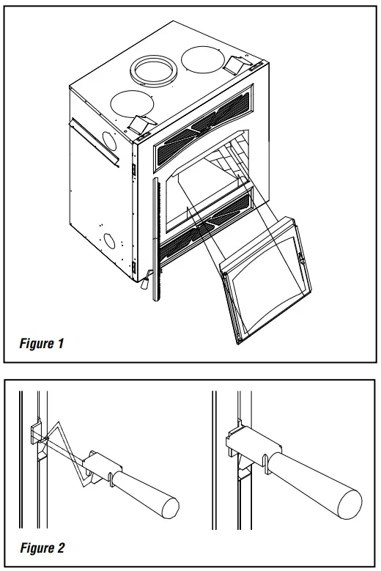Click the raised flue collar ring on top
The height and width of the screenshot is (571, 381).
155,70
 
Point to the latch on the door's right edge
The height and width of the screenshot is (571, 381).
300,257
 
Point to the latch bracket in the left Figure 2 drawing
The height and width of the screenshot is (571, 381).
98,466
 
